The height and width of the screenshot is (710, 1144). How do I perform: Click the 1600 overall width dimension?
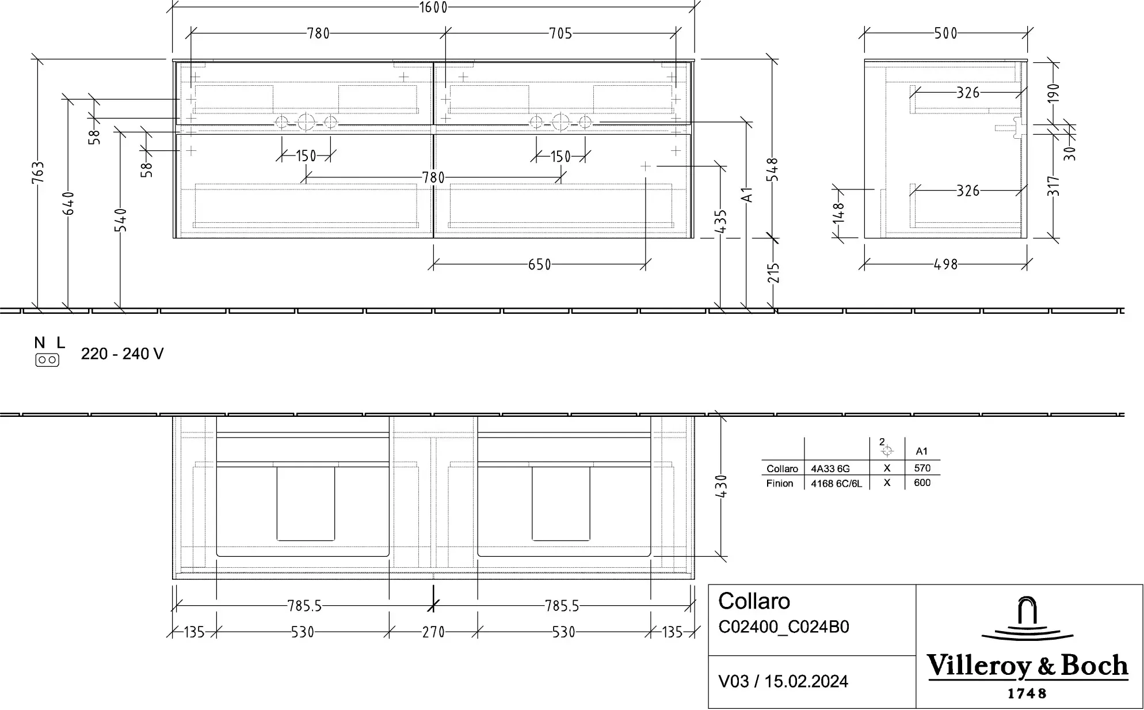coord(433,7)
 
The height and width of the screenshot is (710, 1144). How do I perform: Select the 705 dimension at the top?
coord(560,33)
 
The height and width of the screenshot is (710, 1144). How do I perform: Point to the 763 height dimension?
coord(37,172)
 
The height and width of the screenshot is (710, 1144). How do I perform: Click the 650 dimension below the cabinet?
coord(540,265)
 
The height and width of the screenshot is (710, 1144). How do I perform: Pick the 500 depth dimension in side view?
coord(945,33)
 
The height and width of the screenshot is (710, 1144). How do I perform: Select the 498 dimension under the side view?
coord(945,265)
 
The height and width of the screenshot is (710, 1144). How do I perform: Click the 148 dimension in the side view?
coord(838,212)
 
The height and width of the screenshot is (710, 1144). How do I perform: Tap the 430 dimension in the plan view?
coord(721,487)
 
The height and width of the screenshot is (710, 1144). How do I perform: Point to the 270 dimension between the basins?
coord(433,632)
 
